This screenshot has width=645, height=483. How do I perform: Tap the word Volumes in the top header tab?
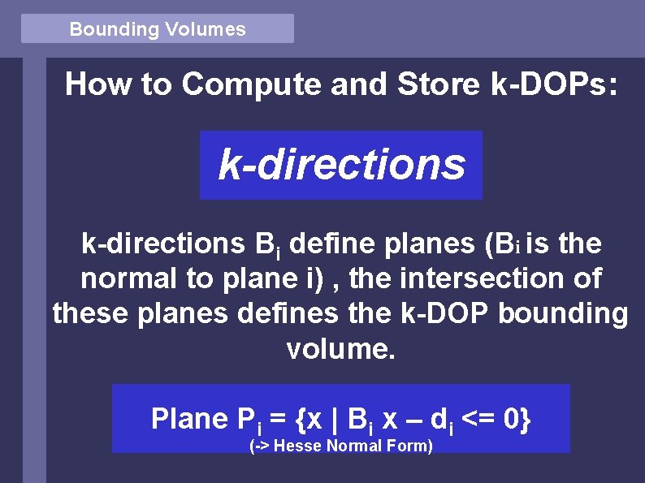(x=205, y=30)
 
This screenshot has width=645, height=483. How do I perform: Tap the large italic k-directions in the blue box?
(x=341, y=165)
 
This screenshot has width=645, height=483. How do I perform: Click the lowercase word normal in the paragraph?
(x=130, y=279)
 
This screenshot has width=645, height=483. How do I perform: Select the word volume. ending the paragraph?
(x=340, y=349)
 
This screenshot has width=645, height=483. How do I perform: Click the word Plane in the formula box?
(x=189, y=419)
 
